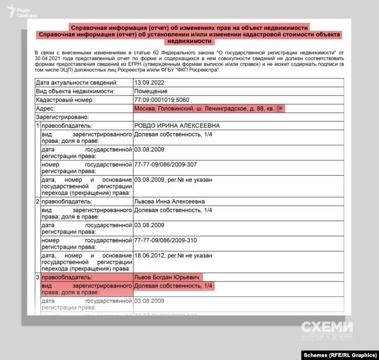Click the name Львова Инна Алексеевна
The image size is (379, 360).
(169, 201)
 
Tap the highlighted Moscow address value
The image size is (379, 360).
(203, 109)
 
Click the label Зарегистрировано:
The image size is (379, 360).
(59, 117)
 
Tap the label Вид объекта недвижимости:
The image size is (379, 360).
(75, 92)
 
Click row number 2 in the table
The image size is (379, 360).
(38, 201)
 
